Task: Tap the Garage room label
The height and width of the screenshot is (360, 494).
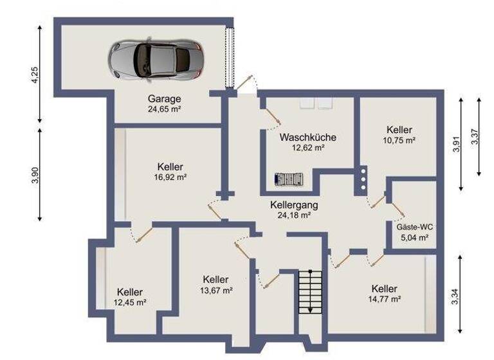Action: coord(164,99)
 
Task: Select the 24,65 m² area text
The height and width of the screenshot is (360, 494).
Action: coord(164,109)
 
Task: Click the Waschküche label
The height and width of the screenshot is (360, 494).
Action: coord(307,137)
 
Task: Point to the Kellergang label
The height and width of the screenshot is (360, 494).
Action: coord(295,204)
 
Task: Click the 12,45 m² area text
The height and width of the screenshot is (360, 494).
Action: coord(130,302)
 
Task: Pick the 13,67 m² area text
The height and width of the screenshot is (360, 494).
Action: coord(215,290)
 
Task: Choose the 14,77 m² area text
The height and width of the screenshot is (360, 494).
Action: coord(384,299)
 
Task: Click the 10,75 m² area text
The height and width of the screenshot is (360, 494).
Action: coord(399,140)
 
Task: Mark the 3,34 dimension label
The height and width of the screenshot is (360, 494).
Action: coord(455,296)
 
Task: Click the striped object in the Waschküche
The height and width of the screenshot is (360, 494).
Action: coord(288,180)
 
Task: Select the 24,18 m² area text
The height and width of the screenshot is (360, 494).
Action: coord(295,215)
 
